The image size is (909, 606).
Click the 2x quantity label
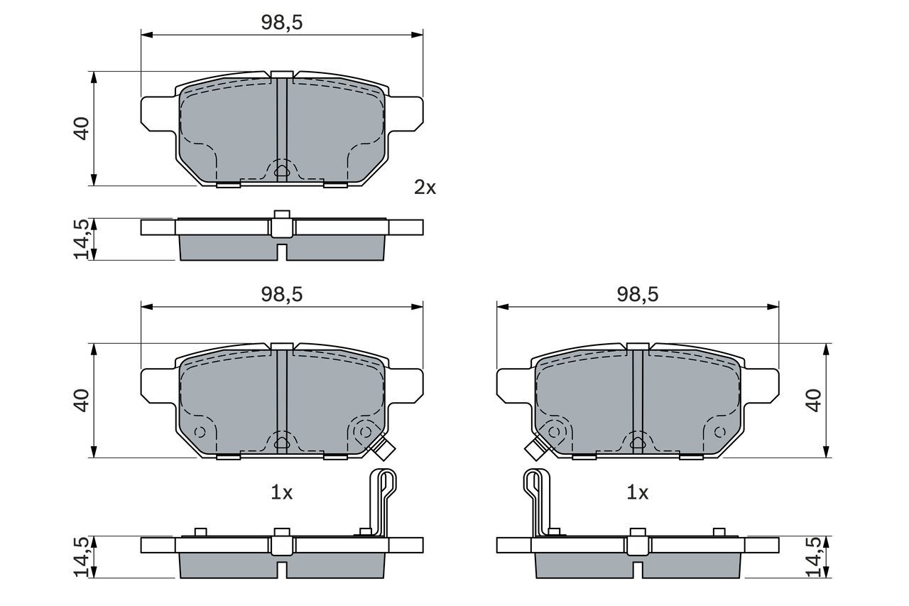click(x=425, y=188)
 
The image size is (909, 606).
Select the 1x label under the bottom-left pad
click(x=282, y=492)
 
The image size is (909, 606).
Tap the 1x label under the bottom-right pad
click(x=637, y=492)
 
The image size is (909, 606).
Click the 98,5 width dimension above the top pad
click(x=282, y=22)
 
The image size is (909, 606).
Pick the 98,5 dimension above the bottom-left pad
click(x=282, y=295)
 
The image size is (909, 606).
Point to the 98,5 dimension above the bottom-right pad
click(x=637, y=295)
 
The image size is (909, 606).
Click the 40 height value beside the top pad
click(x=82, y=128)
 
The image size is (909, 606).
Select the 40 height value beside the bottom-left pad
click(x=82, y=401)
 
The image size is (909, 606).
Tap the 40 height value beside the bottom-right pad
click(x=813, y=401)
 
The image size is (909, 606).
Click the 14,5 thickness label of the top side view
click(x=82, y=239)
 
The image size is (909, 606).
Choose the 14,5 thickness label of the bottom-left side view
click(x=82, y=556)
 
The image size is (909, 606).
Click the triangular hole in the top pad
click(x=282, y=170)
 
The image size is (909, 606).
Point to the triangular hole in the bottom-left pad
click(x=282, y=443)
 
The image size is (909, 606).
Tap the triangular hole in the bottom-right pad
click(x=637, y=443)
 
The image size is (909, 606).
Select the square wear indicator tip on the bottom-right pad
click(x=534, y=449)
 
